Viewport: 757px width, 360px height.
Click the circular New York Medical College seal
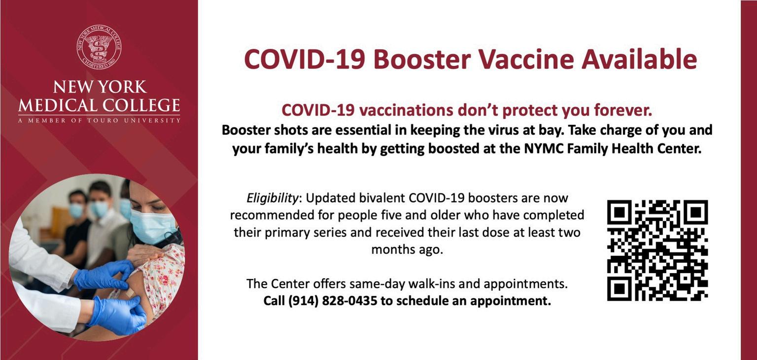(x=99, y=47)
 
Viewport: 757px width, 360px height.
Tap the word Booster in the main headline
(x=422, y=60)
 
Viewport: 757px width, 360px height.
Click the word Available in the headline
(x=639, y=60)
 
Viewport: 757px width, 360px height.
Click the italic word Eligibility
(x=273, y=198)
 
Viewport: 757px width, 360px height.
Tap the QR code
(x=657, y=251)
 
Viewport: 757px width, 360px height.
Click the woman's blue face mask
(x=152, y=226)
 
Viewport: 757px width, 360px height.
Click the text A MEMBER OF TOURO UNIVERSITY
(x=99, y=120)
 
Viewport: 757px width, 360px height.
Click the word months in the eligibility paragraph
(x=392, y=250)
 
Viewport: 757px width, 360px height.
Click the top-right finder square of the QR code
(x=696, y=212)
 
